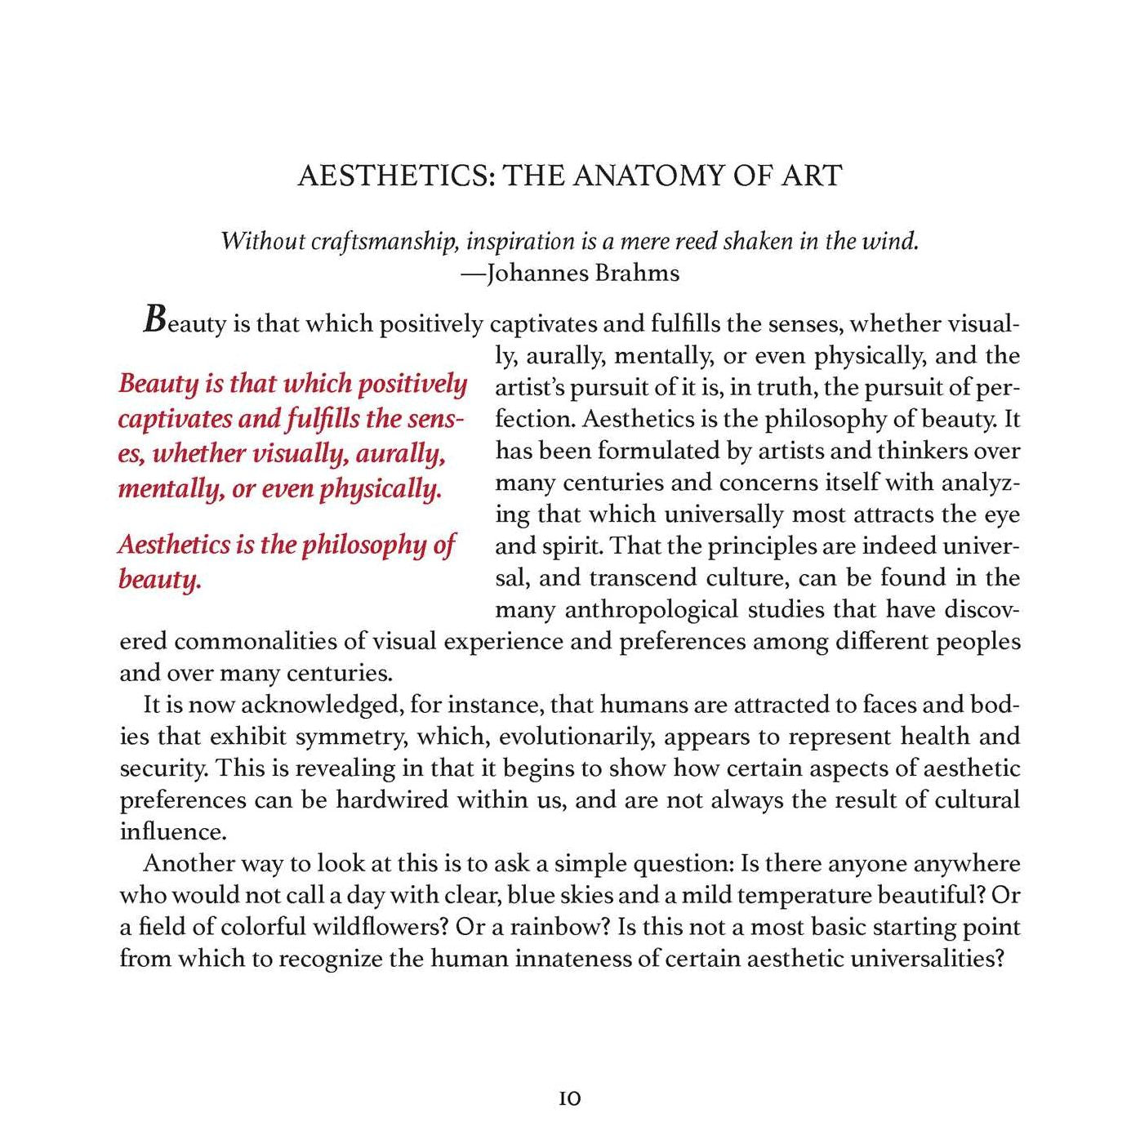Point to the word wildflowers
pyautogui.click(x=381, y=928)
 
